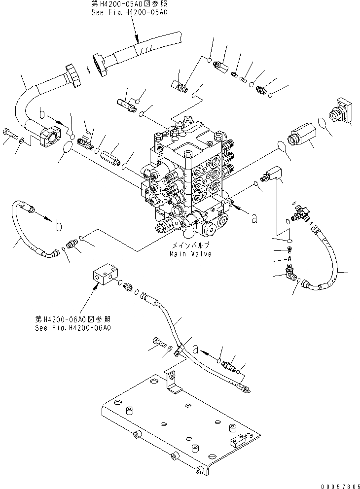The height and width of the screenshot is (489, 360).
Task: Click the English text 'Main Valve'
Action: (190, 254)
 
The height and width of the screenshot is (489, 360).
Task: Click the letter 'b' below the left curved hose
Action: (59, 226)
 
